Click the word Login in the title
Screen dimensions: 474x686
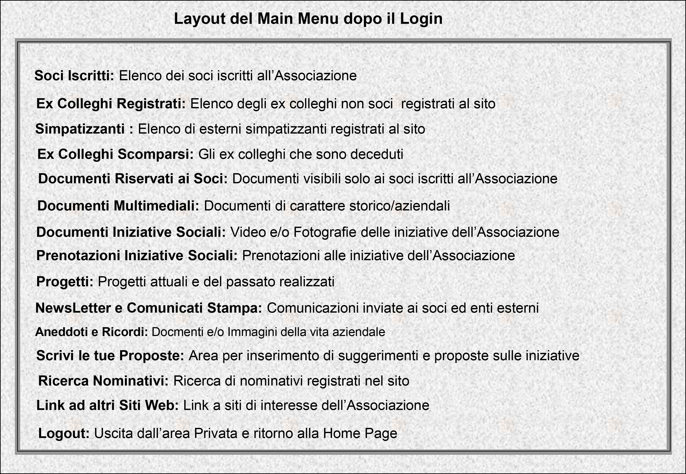click(421, 19)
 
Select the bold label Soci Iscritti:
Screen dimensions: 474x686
click(74, 76)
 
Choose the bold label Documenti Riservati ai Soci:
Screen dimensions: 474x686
click(133, 178)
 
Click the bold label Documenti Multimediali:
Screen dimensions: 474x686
click(118, 206)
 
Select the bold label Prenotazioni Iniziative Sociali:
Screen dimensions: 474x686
click(137, 255)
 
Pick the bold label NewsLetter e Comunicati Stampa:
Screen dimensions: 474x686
click(148, 308)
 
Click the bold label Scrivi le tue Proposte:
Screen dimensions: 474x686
click(110, 356)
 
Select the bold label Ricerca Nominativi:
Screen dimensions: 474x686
click(103, 381)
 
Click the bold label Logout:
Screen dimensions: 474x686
click(64, 433)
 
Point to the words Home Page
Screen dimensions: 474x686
click(360, 433)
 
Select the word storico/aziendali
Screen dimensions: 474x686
click(400, 206)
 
